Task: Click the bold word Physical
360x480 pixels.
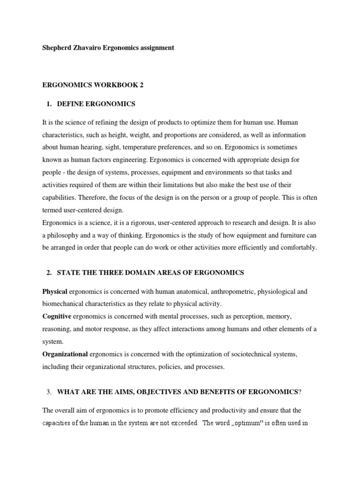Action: (55, 292)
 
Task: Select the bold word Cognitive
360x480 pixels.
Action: (57, 316)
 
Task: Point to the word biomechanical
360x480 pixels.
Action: (63, 304)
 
